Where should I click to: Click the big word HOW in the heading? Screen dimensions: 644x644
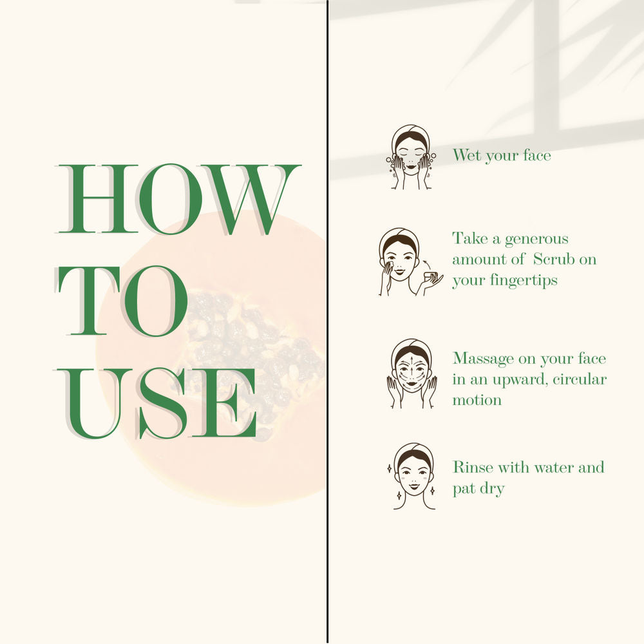pos(178,199)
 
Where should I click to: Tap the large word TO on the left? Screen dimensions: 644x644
pos(121,301)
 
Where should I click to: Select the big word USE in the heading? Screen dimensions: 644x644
pos(156,403)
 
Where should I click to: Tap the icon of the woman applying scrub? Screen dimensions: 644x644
pos(410,261)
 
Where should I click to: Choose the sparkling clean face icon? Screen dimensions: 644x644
pos(412,476)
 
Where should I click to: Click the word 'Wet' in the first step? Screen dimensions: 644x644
pos(466,155)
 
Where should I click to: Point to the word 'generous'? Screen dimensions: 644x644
pos(536,240)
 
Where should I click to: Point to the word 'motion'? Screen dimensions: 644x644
pos(477,400)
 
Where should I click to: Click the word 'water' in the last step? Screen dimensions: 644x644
pos(554,468)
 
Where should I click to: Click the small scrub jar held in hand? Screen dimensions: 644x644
pos(430,277)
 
